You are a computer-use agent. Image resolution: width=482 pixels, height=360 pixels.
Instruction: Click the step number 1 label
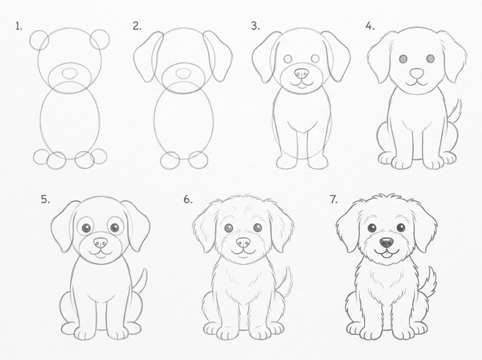(x=19, y=26)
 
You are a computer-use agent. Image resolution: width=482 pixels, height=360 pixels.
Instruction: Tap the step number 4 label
(x=370, y=26)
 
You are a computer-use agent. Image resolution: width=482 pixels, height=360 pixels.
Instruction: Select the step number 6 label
(x=188, y=200)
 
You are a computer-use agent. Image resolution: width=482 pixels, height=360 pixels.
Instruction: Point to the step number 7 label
(x=334, y=200)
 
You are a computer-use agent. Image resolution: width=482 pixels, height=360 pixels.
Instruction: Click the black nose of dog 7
(x=386, y=242)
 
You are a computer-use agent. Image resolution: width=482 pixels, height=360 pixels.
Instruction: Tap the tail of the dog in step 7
(x=430, y=281)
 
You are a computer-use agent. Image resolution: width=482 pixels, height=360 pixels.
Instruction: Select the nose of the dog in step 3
(x=301, y=73)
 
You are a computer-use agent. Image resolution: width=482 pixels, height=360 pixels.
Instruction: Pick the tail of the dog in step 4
(x=455, y=111)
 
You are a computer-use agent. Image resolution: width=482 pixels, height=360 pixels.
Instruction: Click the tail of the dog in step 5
(x=141, y=281)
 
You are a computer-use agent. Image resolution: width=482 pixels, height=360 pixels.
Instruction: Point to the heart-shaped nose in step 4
(x=417, y=73)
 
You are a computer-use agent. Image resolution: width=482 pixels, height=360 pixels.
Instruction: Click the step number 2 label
(x=137, y=26)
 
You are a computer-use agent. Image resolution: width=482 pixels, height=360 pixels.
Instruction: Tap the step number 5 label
(x=45, y=200)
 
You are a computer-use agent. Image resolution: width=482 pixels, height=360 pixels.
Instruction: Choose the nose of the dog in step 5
(x=100, y=242)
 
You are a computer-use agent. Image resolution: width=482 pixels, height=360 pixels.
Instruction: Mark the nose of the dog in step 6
(x=243, y=242)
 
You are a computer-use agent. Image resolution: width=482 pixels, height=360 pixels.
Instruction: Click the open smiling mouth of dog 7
(x=386, y=255)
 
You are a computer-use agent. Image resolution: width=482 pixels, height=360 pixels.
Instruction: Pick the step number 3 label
(x=255, y=26)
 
